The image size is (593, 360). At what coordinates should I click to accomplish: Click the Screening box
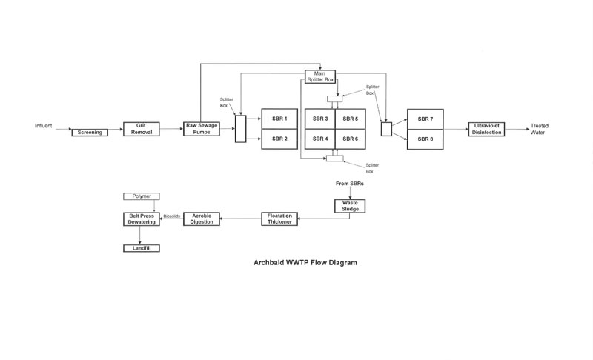(90, 133)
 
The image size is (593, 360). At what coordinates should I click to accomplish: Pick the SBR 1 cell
(279, 119)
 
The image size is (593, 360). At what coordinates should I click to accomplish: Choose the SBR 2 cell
(279, 139)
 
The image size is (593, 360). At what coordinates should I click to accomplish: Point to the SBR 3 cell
(320, 119)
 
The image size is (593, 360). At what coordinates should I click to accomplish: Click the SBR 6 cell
(351, 139)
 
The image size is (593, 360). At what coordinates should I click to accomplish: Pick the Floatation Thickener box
(279, 219)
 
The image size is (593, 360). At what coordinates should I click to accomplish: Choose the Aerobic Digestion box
(202, 219)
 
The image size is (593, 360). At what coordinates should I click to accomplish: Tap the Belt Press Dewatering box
(142, 219)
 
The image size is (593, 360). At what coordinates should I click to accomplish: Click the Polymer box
(142, 196)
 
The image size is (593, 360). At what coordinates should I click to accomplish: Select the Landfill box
(142, 248)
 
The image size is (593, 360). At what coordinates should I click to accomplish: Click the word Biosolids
(171, 217)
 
